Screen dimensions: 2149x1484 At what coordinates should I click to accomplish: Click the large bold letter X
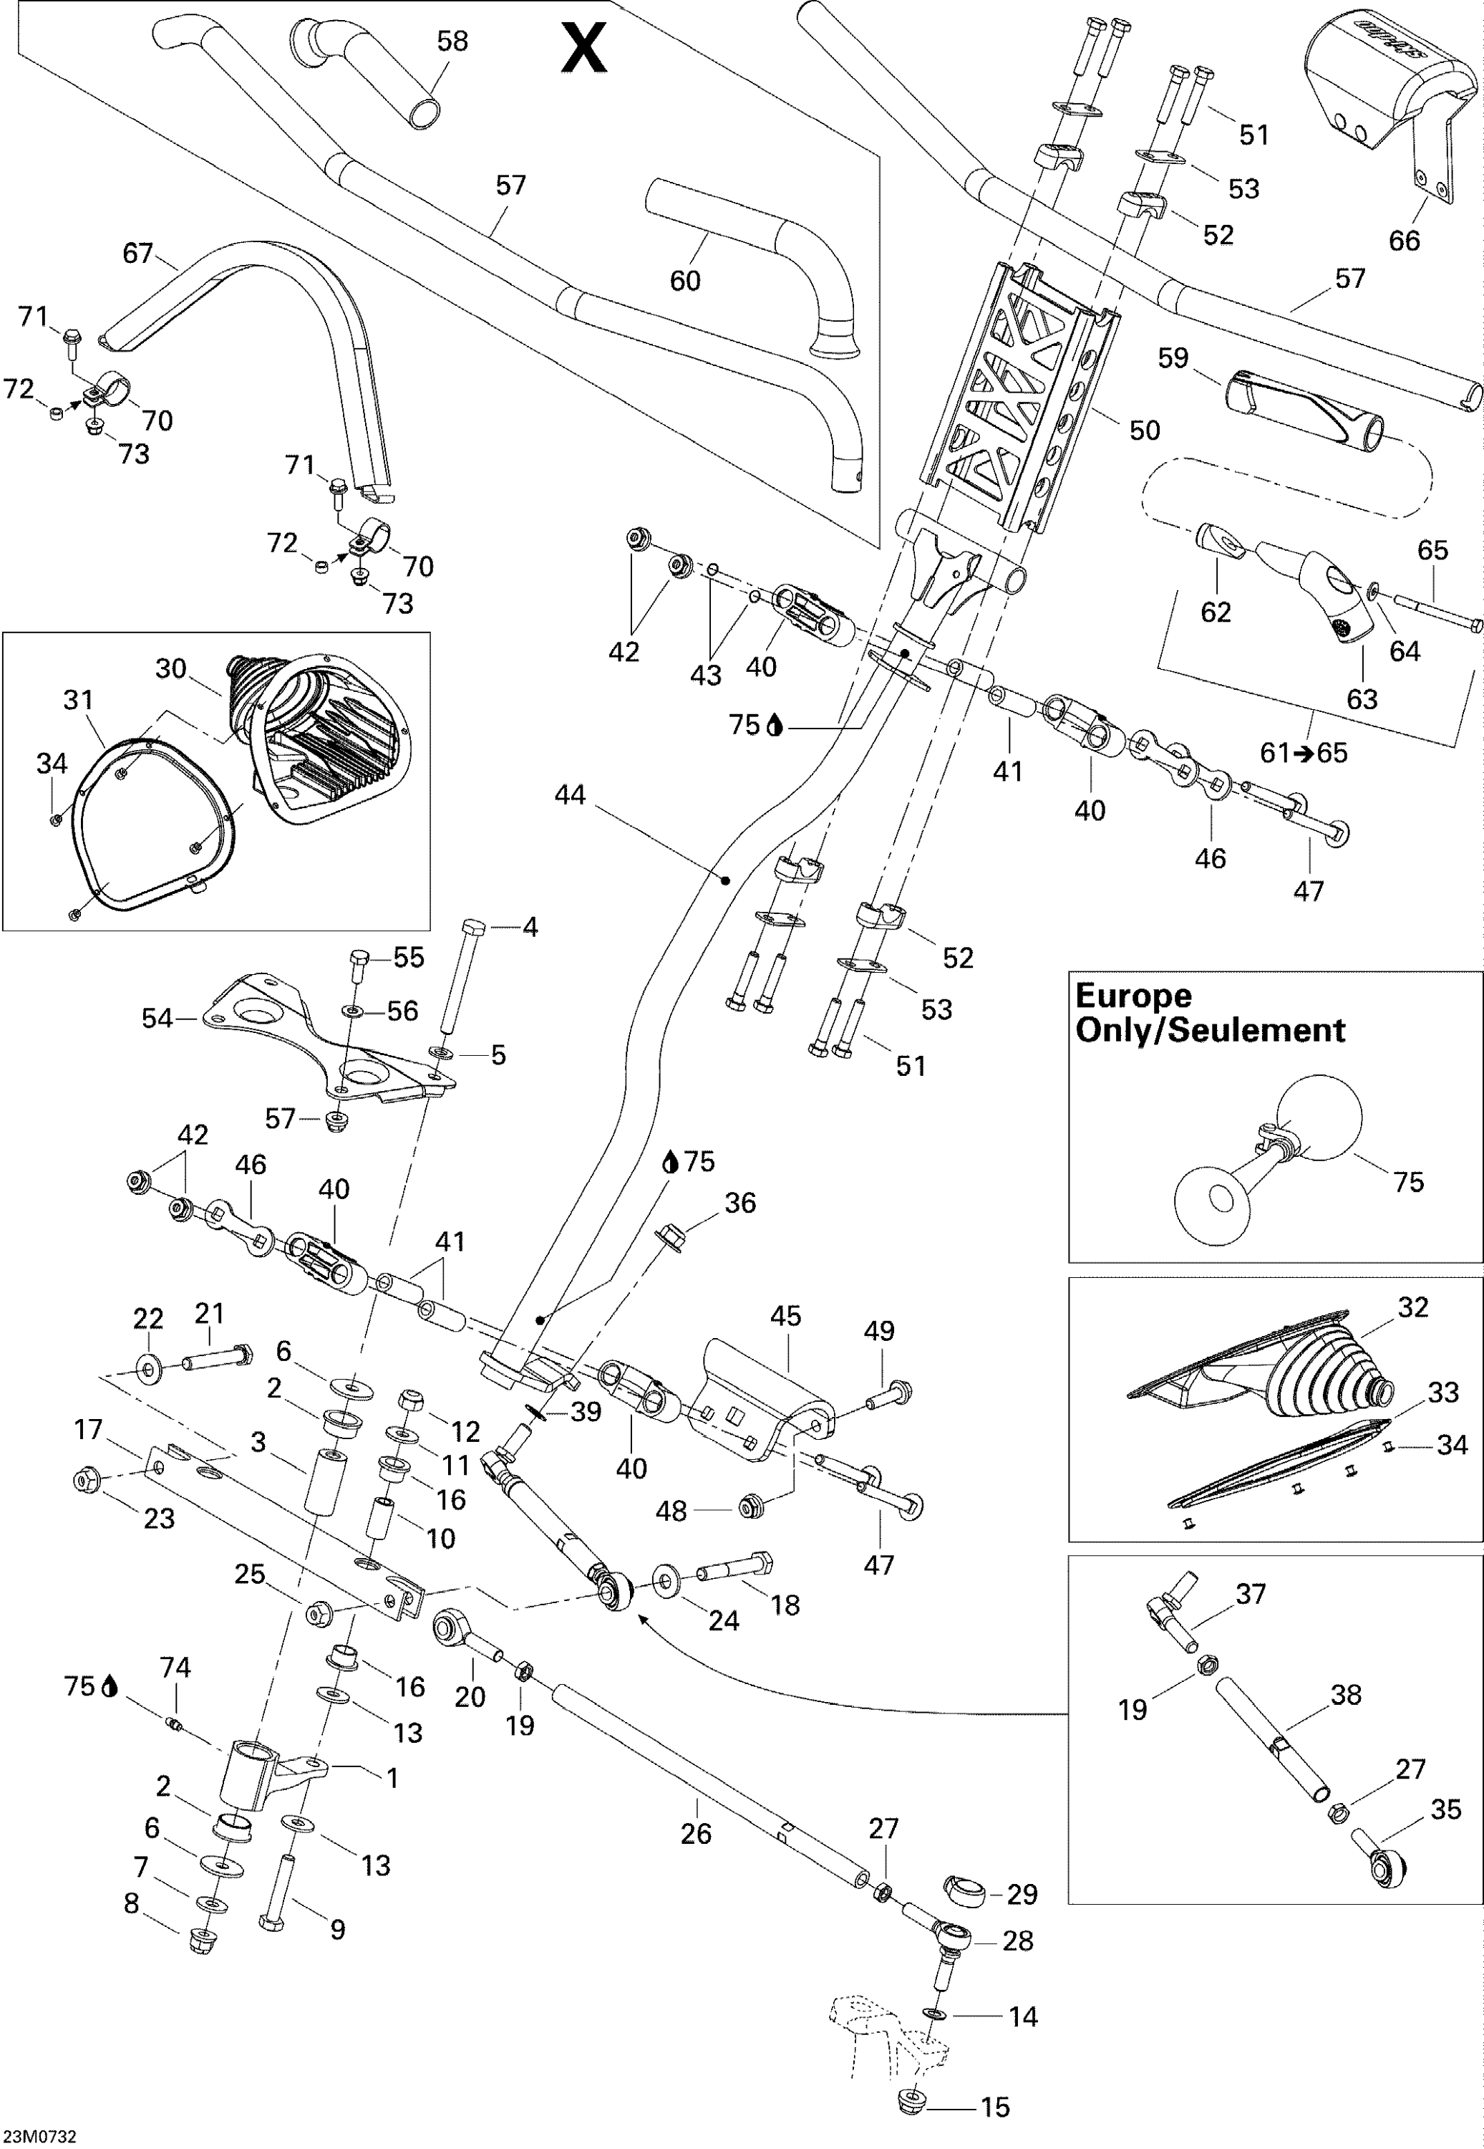(584, 49)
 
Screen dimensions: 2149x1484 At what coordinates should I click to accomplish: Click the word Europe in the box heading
(1133, 996)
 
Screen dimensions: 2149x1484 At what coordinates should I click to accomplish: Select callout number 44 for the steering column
(570, 794)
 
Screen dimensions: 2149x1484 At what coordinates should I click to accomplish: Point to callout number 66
(1404, 240)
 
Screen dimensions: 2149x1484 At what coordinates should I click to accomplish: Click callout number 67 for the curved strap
(137, 252)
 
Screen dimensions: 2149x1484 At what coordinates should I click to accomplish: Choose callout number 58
(453, 41)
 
